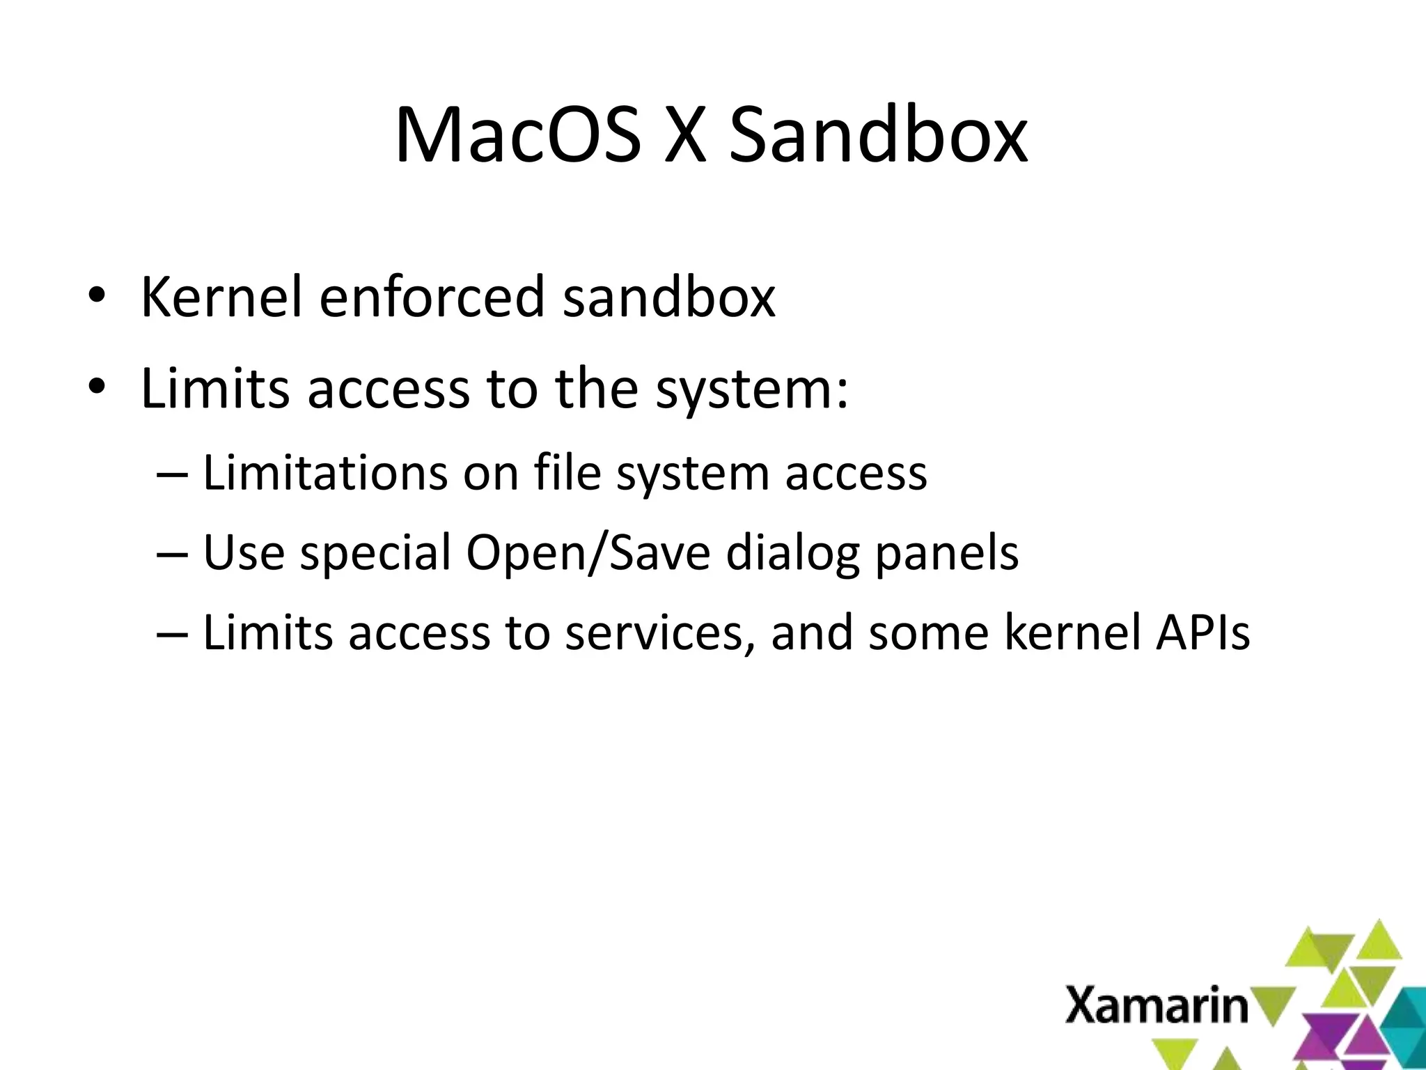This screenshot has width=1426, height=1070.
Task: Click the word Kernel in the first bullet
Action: [221, 297]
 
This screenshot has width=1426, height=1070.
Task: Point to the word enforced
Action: [432, 297]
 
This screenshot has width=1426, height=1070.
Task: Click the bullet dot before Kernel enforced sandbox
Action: [96, 295]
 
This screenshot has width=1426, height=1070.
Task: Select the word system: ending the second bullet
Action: [751, 390]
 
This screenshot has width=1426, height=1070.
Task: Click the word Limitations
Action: [324, 474]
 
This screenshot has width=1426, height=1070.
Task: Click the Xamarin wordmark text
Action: [1156, 1005]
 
